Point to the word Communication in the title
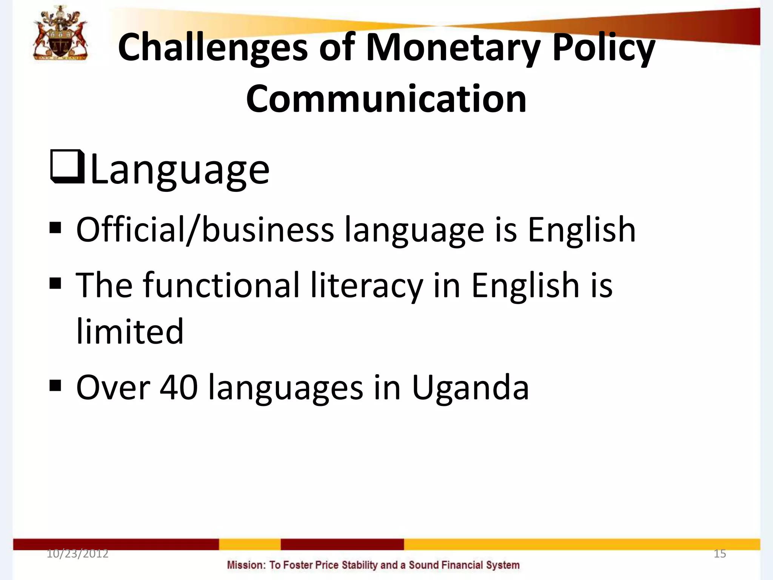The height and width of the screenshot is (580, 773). click(x=386, y=99)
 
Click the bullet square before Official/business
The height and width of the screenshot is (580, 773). click(x=55, y=228)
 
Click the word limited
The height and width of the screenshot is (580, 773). click(x=130, y=331)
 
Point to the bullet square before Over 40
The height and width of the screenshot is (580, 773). click(x=55, y=386)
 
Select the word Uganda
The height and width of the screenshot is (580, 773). click(x=470, y=388)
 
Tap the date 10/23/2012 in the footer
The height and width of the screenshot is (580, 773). click(x=77, y=554)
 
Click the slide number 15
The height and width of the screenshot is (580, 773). click(x=720, y=554)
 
